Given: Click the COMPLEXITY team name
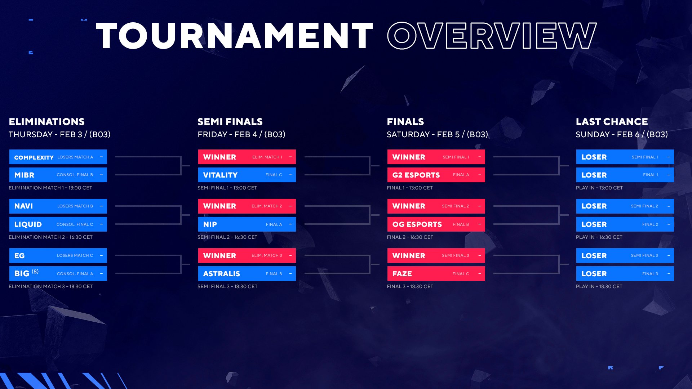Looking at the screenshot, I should click(x=34, y=157).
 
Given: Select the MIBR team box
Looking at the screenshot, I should click(x=58, y=175).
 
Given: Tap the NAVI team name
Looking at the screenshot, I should click(x=23, y=206).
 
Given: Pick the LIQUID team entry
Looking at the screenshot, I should click(x=58, y=224).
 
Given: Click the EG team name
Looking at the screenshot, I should click(x=19, y=256).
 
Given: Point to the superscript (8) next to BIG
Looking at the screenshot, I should click(x=35, y=272).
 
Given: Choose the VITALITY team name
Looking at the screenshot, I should click(x=220, y=175).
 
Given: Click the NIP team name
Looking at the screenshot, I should click(x=210, y=224).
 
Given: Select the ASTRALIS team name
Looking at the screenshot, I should click(x=221, y=274).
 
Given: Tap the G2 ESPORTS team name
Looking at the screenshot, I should click(x=416, y=175).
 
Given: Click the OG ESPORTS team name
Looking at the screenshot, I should click(x=417, y=224).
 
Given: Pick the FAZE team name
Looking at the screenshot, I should click(x=402, y=274).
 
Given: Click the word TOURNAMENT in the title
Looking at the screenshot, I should click(x=234, y=36).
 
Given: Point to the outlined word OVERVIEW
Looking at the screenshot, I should click(x=492, y=36).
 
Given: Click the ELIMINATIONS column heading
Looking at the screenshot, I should click(x=46, y=122).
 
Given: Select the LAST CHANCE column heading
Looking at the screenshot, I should click(x=612, y=122).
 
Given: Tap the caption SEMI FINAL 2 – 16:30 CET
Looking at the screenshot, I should click(x=227, y=237).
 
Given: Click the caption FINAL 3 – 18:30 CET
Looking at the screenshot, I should click(x=410, y=286).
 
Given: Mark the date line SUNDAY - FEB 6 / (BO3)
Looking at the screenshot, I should click(x=622, y=135).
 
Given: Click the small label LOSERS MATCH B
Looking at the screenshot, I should click(x=75, y=206).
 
